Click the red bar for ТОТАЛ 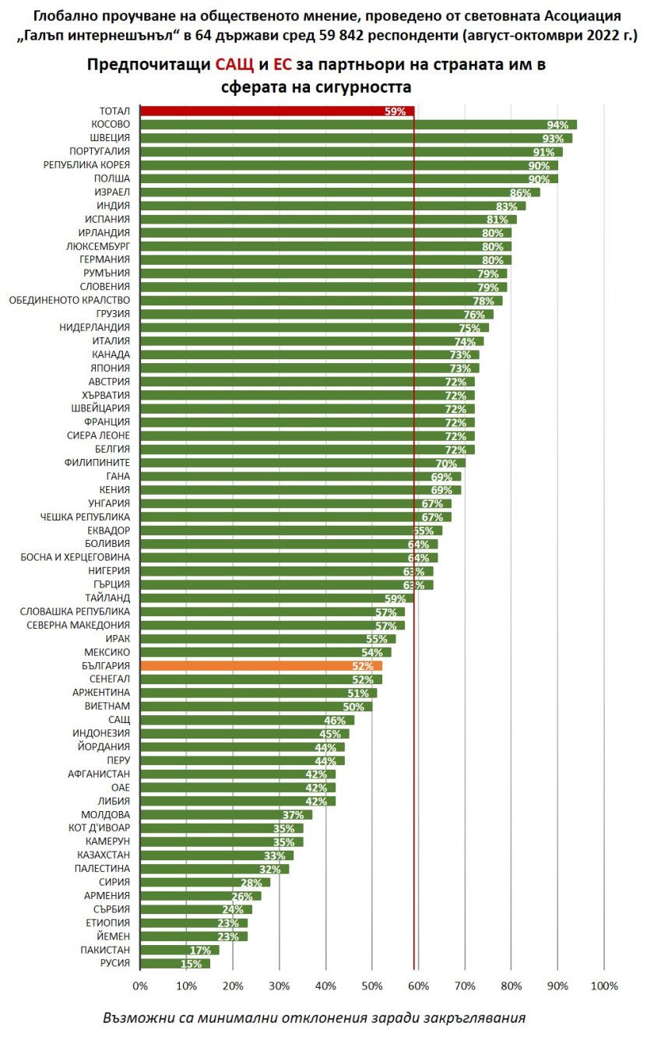pos(276,111)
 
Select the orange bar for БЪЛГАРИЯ pos(261,666)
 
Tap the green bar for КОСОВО pos(358,125)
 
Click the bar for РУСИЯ pos(175,964)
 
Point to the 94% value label pos(557,125)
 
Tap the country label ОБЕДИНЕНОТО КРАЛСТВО pos(69,300)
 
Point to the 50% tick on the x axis pos(372,986)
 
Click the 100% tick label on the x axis pos(603,986)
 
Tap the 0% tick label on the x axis pos(140,986)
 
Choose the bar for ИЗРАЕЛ pos(339,192)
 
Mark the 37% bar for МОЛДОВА pos(226,814)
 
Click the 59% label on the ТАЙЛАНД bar pos(396,598)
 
